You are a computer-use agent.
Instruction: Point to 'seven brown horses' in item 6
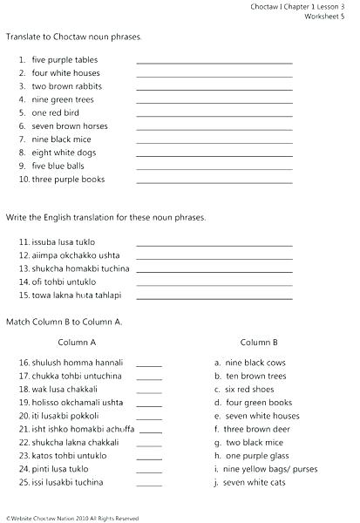tap(70, 126)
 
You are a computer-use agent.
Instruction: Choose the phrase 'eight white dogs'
tap(65, 153)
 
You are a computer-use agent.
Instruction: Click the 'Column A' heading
tap(78, 342)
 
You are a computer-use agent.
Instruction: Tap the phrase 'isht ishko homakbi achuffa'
tap(83, 430)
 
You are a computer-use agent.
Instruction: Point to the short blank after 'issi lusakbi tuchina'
tap(149, 485)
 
